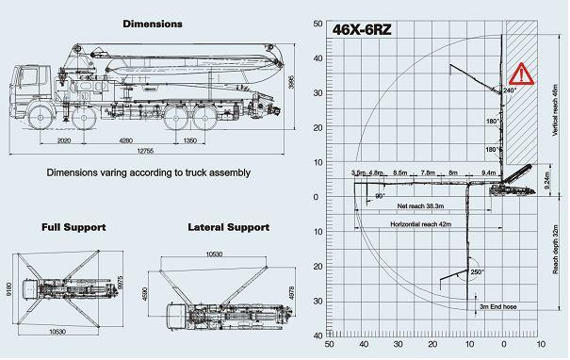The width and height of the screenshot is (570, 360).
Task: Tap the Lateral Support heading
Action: tap(229, 201)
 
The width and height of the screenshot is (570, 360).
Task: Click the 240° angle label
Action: tap(510, 91)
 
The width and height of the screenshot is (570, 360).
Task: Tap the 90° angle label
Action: tap(381, 196)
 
